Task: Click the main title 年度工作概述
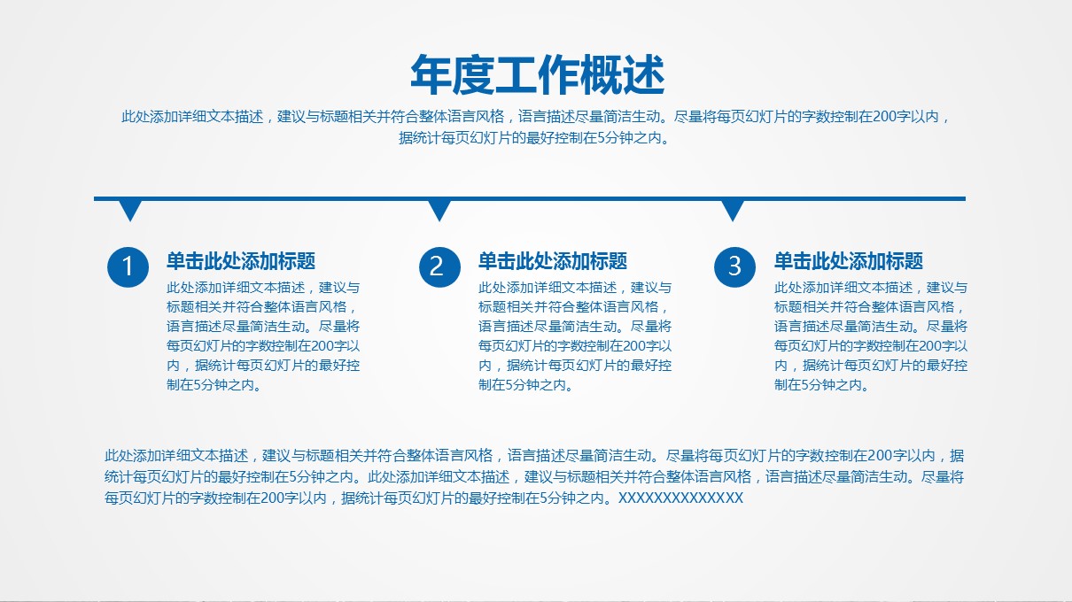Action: point(538,75)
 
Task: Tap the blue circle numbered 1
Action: point(128,266)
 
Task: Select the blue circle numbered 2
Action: point(439,266)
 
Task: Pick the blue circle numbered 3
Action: point(734,266)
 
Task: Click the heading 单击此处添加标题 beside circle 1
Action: point(241,261)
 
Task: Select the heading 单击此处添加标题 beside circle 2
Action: point(553,261)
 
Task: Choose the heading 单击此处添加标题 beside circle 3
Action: point(849,261)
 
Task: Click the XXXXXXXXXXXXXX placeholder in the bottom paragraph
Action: point(680,498)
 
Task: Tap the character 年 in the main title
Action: point(431,75)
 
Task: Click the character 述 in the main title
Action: point(644,75)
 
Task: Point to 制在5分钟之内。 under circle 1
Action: point(214,385)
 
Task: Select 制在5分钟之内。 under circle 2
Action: point(526,385)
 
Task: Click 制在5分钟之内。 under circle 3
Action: point(822,385)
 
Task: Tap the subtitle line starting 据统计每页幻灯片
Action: point(534,138)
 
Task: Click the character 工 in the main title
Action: point(516,75)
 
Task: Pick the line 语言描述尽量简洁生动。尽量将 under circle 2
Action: point(575,327)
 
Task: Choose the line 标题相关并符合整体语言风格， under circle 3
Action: point(868,307)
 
